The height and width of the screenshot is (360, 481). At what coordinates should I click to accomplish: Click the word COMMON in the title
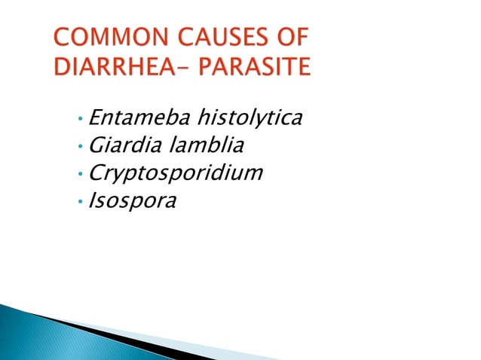[100, 38]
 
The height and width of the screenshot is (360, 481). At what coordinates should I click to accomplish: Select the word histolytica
[249, 118]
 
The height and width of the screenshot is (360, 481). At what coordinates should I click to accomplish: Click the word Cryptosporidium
[176, 174]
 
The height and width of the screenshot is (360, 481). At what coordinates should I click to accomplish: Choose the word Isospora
[132, 201]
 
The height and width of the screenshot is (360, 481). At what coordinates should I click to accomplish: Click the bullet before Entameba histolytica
[80, 120]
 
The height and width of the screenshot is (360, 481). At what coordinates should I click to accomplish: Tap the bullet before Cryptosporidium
[80, 175]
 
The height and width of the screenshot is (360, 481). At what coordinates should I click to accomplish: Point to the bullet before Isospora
[80, 202]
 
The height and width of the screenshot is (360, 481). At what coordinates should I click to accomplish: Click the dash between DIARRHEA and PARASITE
[183, 69]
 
